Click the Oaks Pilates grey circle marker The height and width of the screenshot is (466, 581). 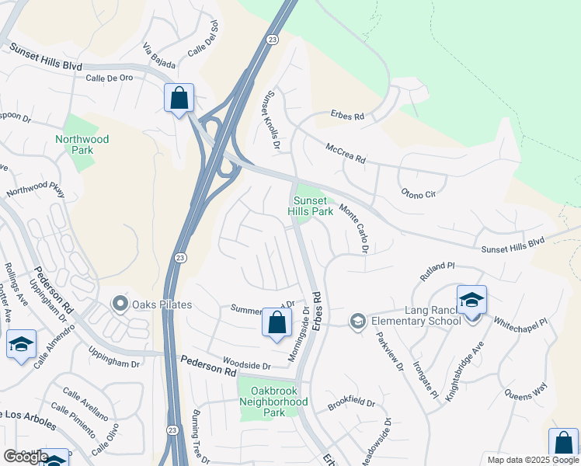(x=120, y=304)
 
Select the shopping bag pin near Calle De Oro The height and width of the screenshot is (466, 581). (x=179, y=99)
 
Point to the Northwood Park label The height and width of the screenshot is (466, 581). (x=82, y=145)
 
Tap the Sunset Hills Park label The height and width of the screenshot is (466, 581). (x=311, y=206)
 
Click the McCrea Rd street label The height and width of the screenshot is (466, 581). (x=346, y=153)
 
